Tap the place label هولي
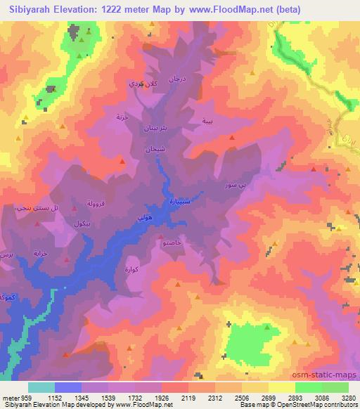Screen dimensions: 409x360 [x=143, y=220]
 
